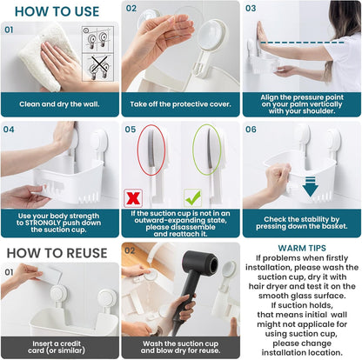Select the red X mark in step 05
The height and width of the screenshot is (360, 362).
click(x=135, y=197)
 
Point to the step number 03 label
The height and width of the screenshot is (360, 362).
click(x=251, y=8)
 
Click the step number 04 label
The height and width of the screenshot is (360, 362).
click(x=10, y=129)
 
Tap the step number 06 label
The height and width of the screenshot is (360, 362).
click(x=251, y=129)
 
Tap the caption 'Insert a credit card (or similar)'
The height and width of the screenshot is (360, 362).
click(x=59, y=346)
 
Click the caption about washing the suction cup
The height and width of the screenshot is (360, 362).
click(x=180, y=346)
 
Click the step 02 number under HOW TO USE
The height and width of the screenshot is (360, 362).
click(x=131, y=8)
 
